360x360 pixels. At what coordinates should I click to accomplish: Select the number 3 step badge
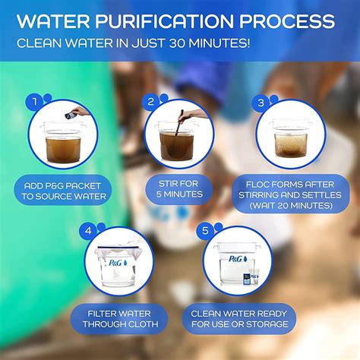pyautogui.click(x=262, y=100)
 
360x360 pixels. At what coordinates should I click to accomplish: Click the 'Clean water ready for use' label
pyautogui.click(x=238, y=318)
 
